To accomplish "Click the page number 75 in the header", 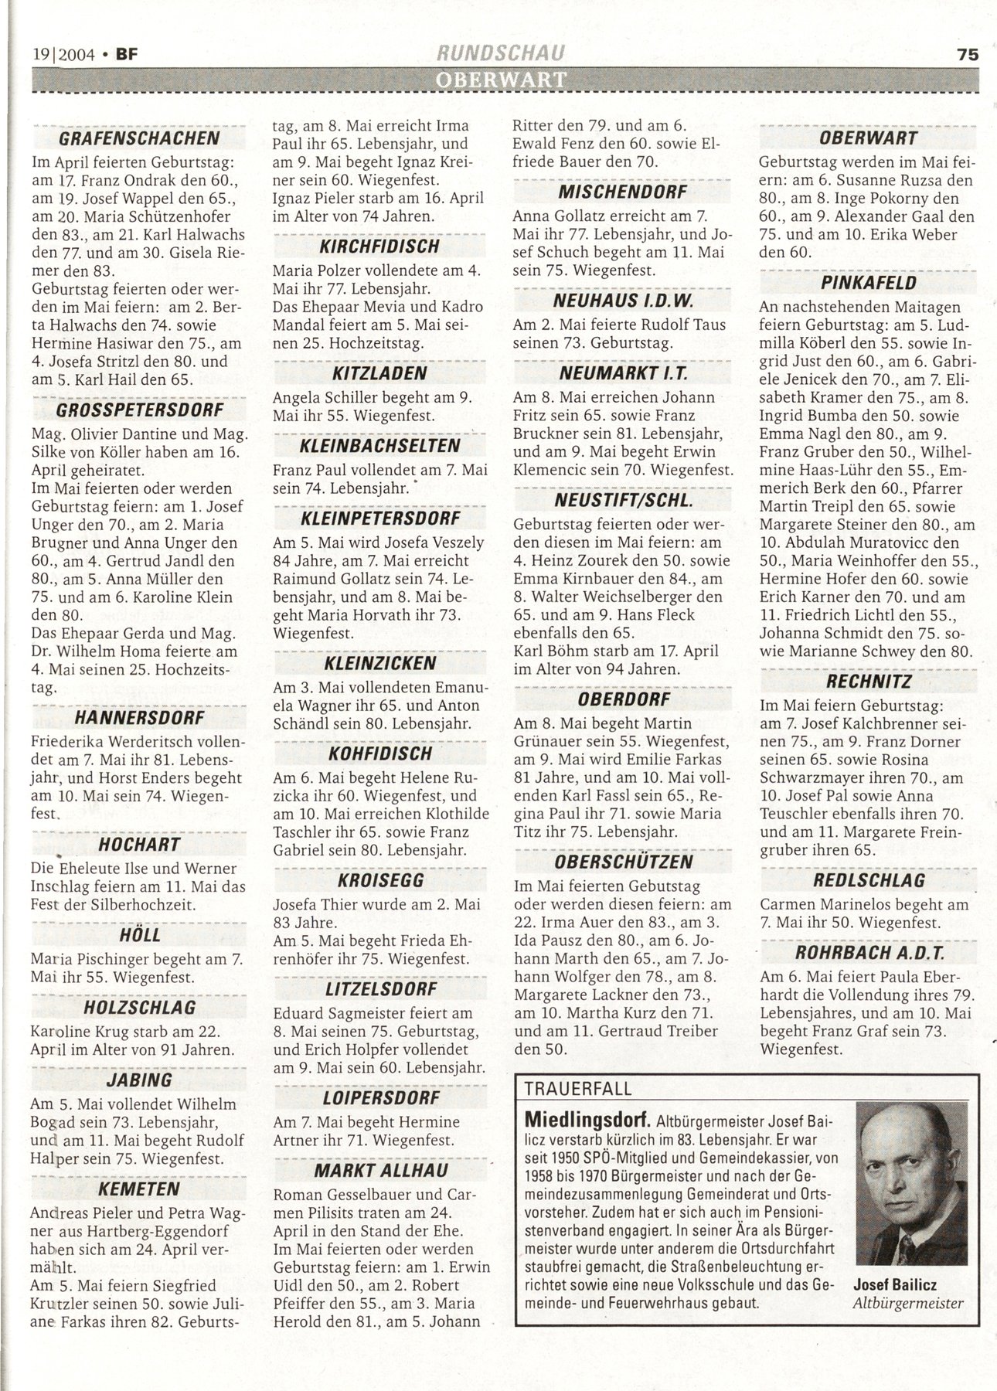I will pos(968,55).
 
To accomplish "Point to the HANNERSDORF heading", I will pos(140,718).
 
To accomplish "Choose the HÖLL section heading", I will pos(141,935).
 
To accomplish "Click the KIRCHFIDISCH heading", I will pos(379,247).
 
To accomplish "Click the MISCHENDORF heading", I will pos(622,192).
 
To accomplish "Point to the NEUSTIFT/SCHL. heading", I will pos(623,501).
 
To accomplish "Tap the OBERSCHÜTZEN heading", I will pos(623,862).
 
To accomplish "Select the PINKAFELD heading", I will pos(869,283).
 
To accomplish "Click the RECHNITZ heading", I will pos(869,682).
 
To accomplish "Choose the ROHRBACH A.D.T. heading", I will pos(869,952).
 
